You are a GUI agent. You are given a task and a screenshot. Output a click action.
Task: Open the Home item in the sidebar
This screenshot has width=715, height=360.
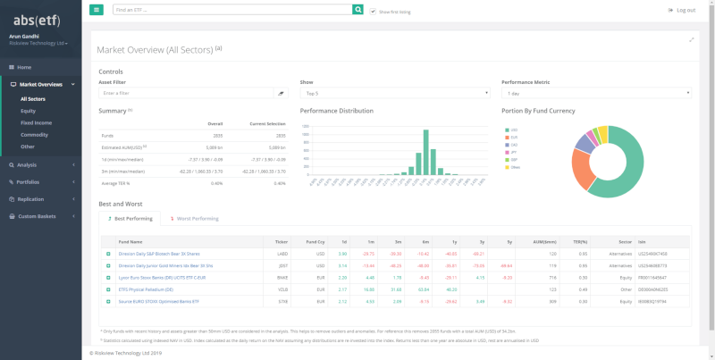pos(24,67)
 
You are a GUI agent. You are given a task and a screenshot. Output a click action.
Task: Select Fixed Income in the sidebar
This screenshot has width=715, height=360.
pos(36,122)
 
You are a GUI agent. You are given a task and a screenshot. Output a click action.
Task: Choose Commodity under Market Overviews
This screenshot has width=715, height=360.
pos(34,134)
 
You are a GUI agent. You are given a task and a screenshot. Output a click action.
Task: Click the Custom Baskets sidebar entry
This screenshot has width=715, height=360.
pos(37,216)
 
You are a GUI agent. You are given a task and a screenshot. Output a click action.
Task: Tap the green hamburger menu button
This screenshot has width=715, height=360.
pos(97,10)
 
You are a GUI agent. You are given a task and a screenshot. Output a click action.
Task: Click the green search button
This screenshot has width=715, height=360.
pos(357,10)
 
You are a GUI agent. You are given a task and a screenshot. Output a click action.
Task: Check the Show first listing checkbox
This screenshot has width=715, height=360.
pos(373,11)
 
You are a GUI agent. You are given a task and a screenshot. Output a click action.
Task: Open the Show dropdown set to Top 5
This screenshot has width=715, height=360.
pos(395,93)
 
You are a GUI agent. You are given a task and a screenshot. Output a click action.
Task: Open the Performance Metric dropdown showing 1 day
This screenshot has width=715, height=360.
pos(596,93)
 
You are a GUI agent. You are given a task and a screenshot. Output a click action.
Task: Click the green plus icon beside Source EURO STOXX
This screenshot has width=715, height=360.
pos(108,302)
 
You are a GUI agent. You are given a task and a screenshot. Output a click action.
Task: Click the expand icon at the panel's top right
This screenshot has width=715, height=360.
pos(691,40)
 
